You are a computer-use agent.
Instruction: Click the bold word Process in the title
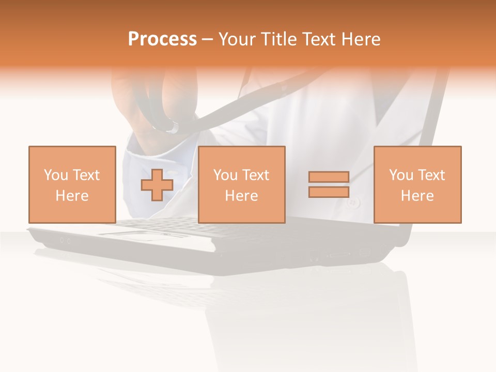162,39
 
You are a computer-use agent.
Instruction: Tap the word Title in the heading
280,39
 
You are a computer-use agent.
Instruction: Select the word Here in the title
360,39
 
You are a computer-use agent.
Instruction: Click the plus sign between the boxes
157,185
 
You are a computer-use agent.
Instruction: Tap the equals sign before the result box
329,184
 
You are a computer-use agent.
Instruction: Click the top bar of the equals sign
329,177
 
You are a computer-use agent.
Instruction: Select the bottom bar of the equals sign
329,192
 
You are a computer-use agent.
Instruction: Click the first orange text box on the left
72,184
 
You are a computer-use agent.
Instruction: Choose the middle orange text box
241,184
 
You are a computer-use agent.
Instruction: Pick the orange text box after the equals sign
417,184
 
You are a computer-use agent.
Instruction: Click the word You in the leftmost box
56,175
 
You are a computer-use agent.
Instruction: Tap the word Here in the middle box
241,196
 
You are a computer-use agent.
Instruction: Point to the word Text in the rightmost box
432,175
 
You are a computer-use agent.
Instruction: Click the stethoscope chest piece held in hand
171,125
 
